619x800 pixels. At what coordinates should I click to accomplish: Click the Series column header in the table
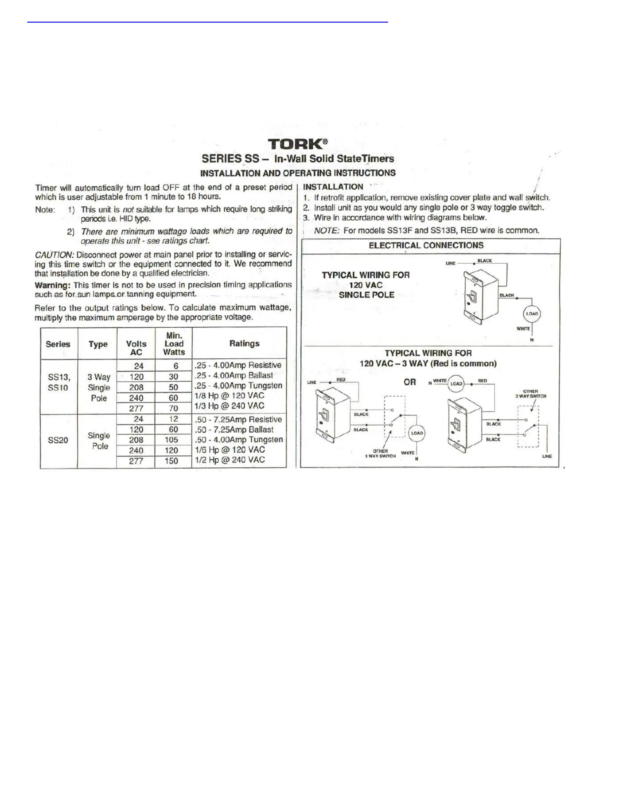coord(58,344)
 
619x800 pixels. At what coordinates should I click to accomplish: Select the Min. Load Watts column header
coord(174,344)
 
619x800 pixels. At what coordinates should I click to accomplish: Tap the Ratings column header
coord(244,344)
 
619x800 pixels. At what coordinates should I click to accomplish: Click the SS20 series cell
coord(58,440)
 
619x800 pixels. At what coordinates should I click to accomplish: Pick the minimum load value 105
coord(171,440)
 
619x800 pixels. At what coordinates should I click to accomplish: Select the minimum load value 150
coord(171,461)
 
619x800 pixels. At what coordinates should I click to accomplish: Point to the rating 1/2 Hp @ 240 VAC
coord(229,460)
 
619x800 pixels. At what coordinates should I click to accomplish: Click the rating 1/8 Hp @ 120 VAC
coord(229,395)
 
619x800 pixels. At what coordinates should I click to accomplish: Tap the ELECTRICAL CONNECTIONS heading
coord(426,245)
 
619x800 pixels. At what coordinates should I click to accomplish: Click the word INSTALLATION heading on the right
coord(333,187)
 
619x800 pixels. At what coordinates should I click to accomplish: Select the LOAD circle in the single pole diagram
coord(532,314)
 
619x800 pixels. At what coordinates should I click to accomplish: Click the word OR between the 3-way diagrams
coord(410,382)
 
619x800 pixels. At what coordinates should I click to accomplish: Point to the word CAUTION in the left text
coord(54,255)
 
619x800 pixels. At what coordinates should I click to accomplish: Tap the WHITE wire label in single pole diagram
coord(523,329)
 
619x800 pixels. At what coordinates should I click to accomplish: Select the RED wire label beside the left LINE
coord(341,380)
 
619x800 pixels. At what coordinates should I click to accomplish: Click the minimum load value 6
coord(176,366)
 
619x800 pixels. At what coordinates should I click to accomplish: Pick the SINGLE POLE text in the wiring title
coord(366,295)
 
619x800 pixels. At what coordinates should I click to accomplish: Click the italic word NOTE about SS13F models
coord(327,231)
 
